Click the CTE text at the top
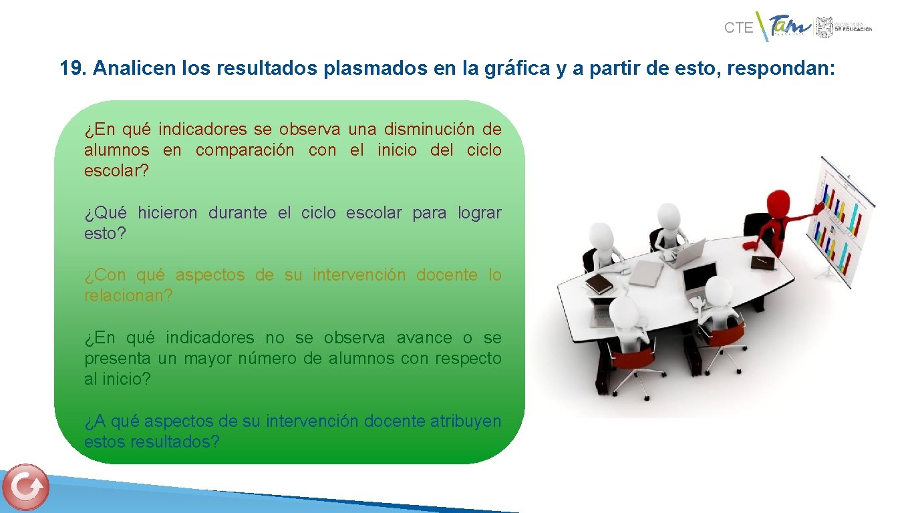click(738, 28)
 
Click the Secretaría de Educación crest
click(823, 27)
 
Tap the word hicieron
click(167, 213)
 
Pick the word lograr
click(479, 213)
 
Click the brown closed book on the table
click(599, 284)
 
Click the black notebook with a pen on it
click(761, 262)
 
